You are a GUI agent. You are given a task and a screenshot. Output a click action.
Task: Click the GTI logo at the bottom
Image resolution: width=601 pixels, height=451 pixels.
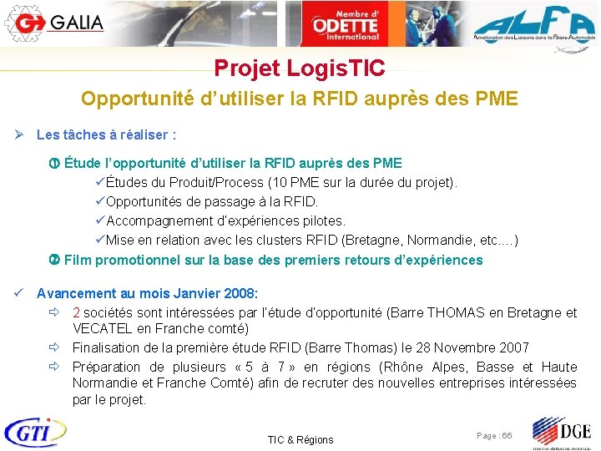(x=35, y=432)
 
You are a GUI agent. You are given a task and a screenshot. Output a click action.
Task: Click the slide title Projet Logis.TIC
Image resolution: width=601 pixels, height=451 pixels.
(x=299, y=68)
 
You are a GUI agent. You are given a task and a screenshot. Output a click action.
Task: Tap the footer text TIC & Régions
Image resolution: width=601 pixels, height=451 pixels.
(x=300, y=439)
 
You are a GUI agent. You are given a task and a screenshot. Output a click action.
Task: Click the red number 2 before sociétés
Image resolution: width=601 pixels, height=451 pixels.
(x=76, y=313)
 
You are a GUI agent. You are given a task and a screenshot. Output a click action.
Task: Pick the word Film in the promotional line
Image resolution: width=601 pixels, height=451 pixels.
(x=78, y=260)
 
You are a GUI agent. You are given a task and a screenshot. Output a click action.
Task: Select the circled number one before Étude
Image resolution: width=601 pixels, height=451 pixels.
(x=56, y=164)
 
